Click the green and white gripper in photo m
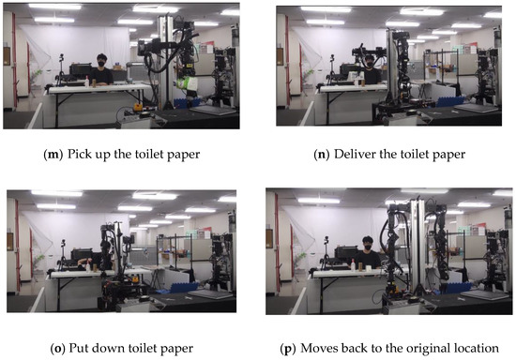pos(189,85)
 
